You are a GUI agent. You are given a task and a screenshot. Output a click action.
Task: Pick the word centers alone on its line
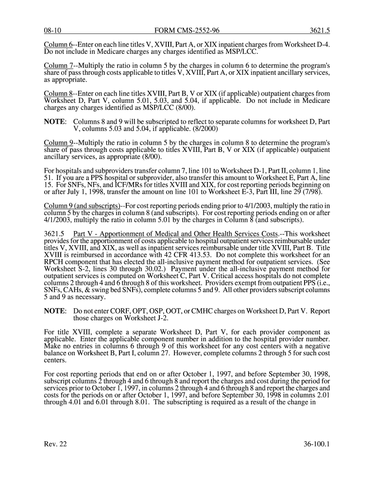click(55, 361)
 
